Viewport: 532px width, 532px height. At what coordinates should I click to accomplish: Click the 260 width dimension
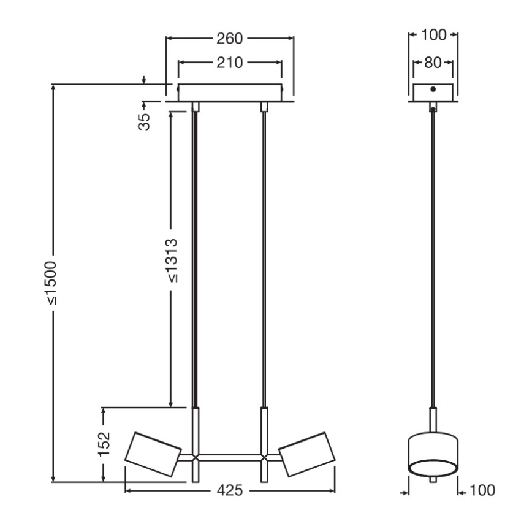(230, 39)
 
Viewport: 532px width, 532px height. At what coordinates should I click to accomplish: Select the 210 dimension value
(230, 62)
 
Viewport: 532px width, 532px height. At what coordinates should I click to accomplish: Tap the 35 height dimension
(145, 121)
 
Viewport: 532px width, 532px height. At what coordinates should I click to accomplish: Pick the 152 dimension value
(104, 443)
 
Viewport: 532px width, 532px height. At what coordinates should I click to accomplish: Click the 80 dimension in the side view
(433, 62)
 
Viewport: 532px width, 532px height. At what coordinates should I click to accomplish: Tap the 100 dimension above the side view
(433, 35)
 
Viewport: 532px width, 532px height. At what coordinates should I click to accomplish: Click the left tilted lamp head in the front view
(152, 454)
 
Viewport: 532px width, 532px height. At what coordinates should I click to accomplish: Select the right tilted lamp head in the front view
(306, 454)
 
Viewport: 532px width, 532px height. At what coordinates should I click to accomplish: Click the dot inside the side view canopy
(433, 89)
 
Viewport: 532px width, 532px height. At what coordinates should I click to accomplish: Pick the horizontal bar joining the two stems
(230, 457)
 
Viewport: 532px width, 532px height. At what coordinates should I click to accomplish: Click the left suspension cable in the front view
(196, 257)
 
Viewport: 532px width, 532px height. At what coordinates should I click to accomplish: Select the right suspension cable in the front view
(264, 257)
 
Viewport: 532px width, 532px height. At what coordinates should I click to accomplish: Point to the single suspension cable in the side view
(433, 257)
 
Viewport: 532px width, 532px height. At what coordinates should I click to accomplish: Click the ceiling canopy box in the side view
(433, 92)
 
